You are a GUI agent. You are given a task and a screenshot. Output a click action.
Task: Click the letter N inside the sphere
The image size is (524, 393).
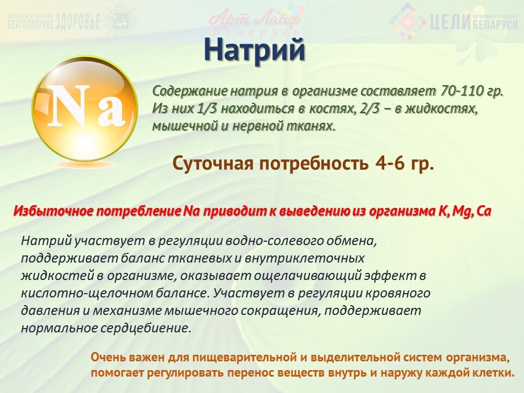pyautogui.click(x=70, y=105)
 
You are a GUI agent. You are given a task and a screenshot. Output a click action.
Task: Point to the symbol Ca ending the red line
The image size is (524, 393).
pyautogui.click(x=484, y=211)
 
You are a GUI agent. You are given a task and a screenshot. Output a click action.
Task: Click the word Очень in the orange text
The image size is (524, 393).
pyautogui.click(x=109, y=358)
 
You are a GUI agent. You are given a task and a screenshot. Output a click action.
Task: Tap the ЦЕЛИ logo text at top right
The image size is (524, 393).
pyautogui.click(x=450, y=23)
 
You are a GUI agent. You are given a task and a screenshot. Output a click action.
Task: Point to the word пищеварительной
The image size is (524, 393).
pyautogui.click(x=235, y=358)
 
